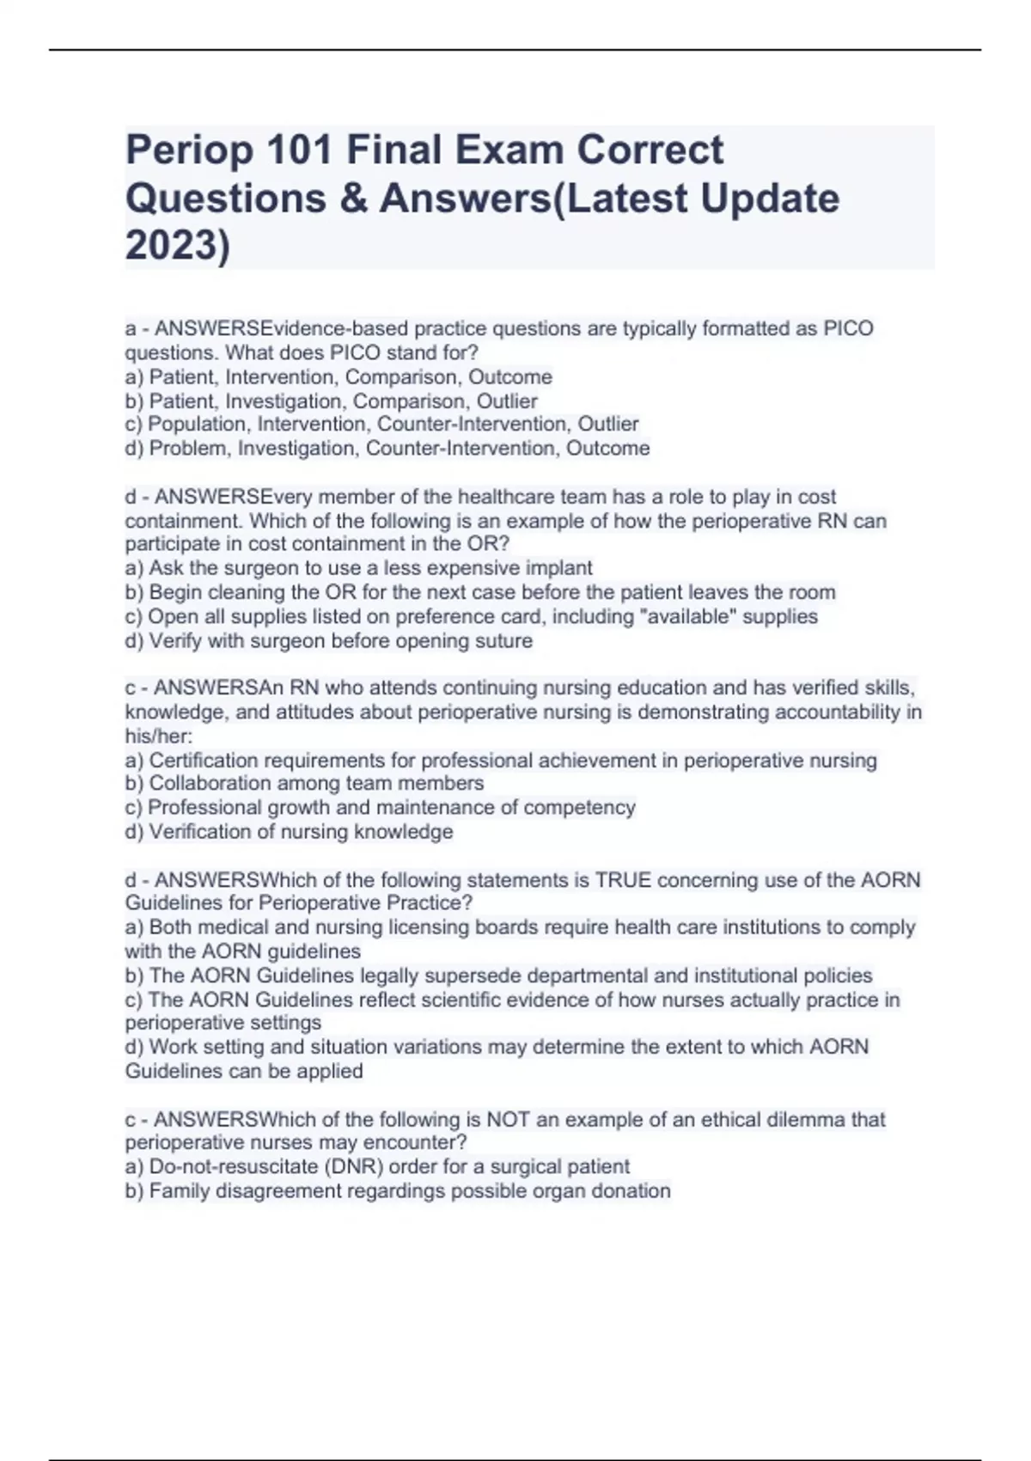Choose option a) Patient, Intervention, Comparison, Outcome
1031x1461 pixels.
pos(339,376)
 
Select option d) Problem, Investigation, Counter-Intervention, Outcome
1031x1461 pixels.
pos(387,448)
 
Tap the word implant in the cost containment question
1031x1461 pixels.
pos(560,568)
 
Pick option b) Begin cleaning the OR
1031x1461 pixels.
pos(480,592)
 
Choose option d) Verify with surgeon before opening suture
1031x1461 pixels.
pos(329,640)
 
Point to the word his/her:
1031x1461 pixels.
pos(159,736)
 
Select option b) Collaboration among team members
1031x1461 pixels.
pos(305,783)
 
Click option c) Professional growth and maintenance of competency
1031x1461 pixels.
pos(381,807)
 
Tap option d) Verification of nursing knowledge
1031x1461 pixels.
pos(290,831)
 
